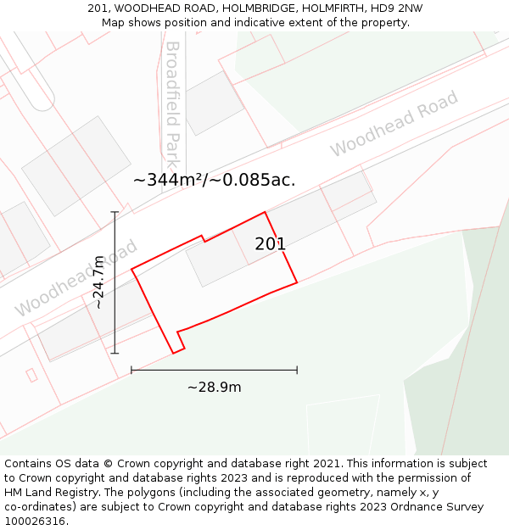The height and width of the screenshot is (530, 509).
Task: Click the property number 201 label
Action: (x=270, y=244)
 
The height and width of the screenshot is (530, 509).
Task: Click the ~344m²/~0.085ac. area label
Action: (x=214, y=180)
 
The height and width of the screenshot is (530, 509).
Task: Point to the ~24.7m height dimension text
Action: (x=98, y=282)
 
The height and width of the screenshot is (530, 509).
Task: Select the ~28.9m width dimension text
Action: (x=214, y=388)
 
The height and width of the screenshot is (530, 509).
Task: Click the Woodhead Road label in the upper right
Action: (x=394, y=123)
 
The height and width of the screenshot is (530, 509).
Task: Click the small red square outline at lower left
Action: (x=31, y=375)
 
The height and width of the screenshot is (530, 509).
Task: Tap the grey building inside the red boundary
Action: (x=216, y=258)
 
